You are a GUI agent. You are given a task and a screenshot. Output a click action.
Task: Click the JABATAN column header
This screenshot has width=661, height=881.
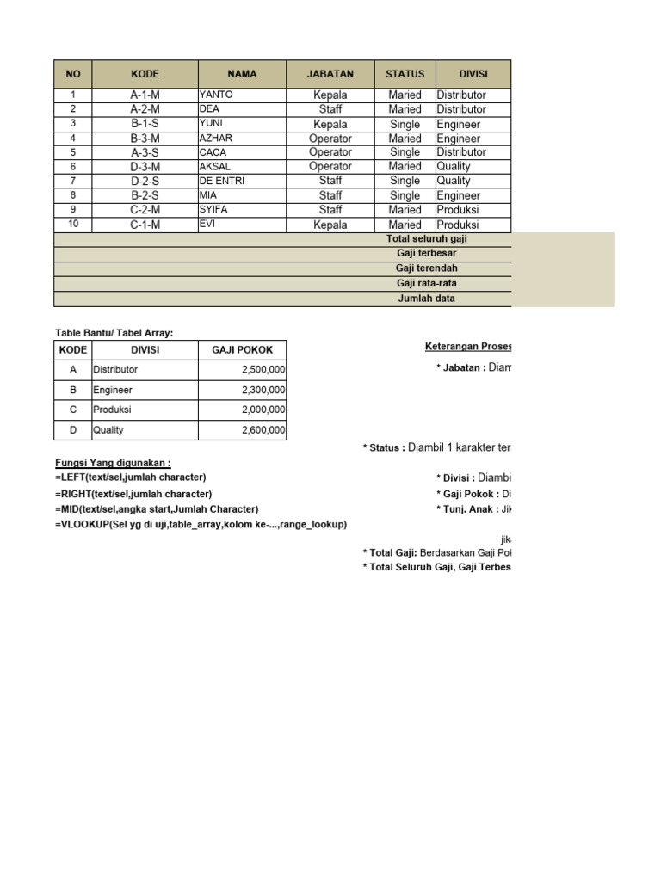coord(330,74)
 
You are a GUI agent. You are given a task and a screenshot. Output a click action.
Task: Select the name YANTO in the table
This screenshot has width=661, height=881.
coord(216,95)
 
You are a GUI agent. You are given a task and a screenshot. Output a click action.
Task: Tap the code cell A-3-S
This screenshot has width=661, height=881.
coord(145,152)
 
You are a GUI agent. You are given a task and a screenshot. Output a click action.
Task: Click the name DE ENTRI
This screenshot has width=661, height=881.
coord(222,181)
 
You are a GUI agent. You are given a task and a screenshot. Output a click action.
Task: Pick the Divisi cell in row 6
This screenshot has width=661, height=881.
coord(454,167)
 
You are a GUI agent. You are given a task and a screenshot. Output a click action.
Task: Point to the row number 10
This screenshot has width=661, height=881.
coord(73,225)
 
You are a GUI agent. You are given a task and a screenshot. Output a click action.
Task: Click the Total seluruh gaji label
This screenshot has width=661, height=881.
coord(427,239)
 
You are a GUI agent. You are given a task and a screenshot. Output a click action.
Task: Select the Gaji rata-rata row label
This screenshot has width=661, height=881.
coord(427,283)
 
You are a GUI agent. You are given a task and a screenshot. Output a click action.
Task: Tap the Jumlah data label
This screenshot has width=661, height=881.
coord(427,299)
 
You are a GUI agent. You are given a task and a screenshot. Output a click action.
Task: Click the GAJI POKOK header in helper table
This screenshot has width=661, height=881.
coord(242,350)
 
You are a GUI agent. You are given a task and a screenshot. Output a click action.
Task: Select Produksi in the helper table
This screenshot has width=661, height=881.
coord(113,410)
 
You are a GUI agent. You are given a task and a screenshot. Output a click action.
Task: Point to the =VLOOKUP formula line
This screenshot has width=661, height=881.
coord(201,524)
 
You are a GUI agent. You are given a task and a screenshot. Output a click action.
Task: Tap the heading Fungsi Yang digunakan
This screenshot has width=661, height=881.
coord(113,463)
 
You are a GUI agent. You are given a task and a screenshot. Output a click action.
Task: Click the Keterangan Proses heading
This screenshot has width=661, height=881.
coord(467,347)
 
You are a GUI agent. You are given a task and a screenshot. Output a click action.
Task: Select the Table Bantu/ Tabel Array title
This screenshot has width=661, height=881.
coord(114,333)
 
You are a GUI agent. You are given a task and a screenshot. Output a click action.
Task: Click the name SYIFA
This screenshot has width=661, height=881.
coord(213,210)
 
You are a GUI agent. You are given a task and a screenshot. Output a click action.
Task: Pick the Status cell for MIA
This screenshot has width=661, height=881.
coord(405,195)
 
